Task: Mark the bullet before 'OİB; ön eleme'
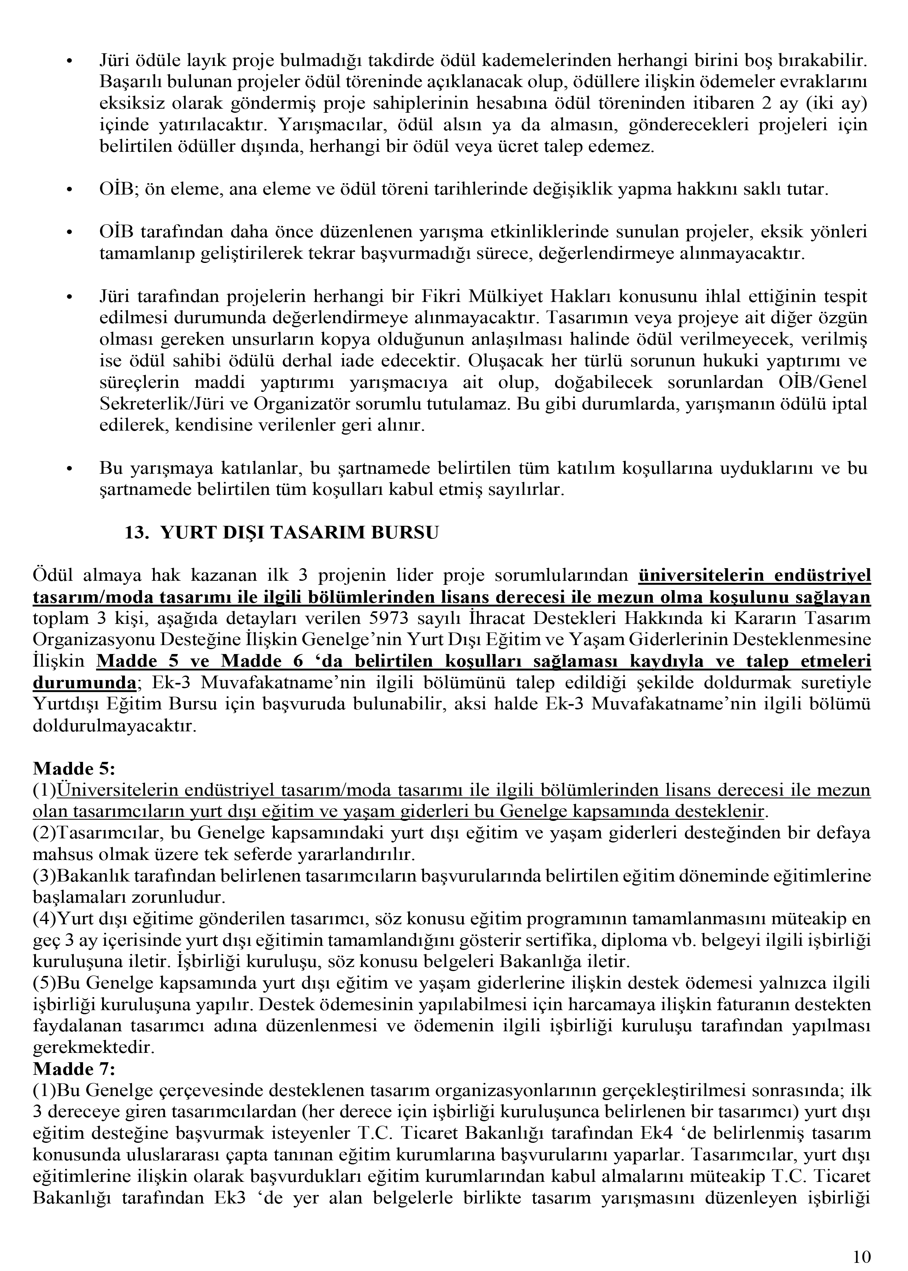pyautogui.click(x=69, y=190)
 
